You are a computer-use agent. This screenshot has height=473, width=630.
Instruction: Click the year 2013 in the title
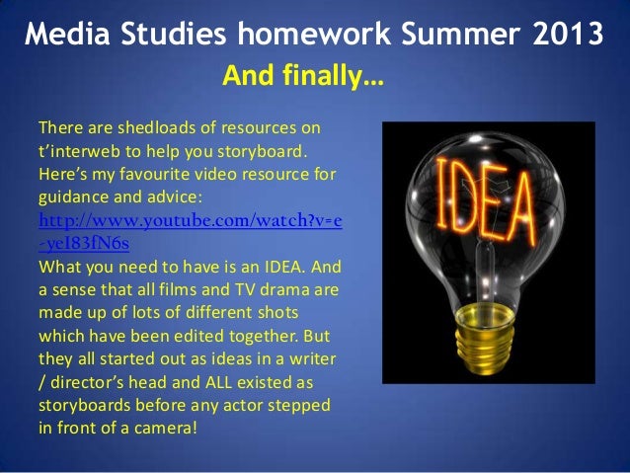(561, 38)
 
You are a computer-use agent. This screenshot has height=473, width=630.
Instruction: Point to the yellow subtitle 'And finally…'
(304, 76)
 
